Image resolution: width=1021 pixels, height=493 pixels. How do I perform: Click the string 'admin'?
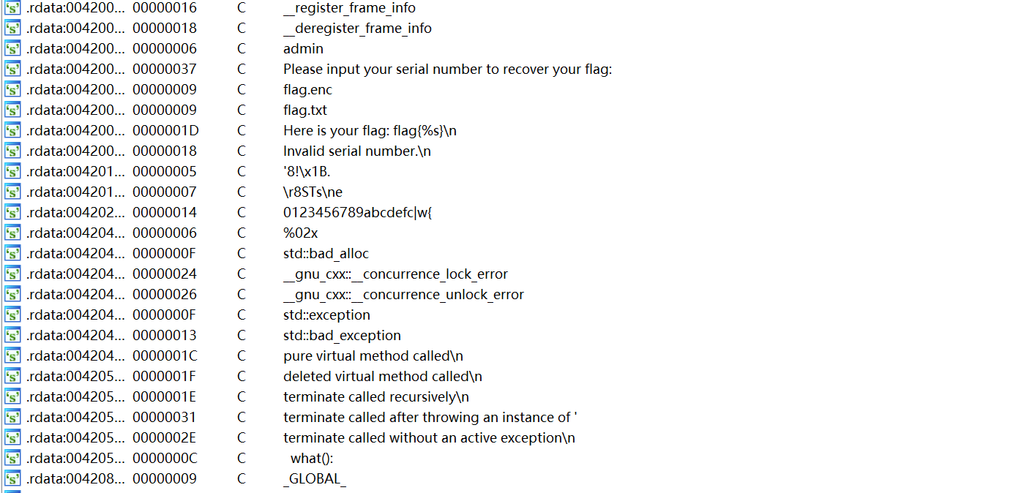pyautogui.click(x=303, y=49)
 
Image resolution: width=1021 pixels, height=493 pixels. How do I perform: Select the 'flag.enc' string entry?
pyautogui.click(x=307, y=90)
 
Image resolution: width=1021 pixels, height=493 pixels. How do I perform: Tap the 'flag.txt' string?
pyautogui.click(x=305, y=110)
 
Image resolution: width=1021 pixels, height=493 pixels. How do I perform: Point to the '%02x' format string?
pyautogui.click(x=300, y=233)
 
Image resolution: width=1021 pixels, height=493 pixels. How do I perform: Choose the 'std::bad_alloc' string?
pyautogui.click(x=326, y=254)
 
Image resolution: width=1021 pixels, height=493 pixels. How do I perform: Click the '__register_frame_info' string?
pyautogui.click(x=349, y=8)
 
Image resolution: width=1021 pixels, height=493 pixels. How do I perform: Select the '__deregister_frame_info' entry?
pyautogui.click(x=357, y=29)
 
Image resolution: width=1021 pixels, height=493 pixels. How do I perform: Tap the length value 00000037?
pyautogui.click(x=165, y=69)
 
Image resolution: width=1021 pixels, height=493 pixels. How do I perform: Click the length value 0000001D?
pyautogui.click(x=165, y=131)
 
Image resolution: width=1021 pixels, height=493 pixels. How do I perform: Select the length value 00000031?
pyautogui.click(x=165, y=418)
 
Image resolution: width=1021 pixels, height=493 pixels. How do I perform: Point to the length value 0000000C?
pyautogui.click(x=165, y=459)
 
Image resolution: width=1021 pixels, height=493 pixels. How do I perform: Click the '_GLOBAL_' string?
pyautogui.click(x=315, y=479)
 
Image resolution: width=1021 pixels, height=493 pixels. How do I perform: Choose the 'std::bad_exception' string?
pyautogui.click(x=342, y=336)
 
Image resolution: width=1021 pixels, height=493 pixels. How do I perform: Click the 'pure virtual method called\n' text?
pyautogui.click(x=373, y=356)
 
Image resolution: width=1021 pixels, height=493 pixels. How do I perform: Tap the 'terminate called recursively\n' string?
pyautogui.click(x=375, y=397)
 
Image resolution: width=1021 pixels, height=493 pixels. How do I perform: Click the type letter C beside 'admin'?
pyautogui.click(x=242, y=49)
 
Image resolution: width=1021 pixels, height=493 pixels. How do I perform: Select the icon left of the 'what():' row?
pyautogui.click(x=12, y=459)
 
